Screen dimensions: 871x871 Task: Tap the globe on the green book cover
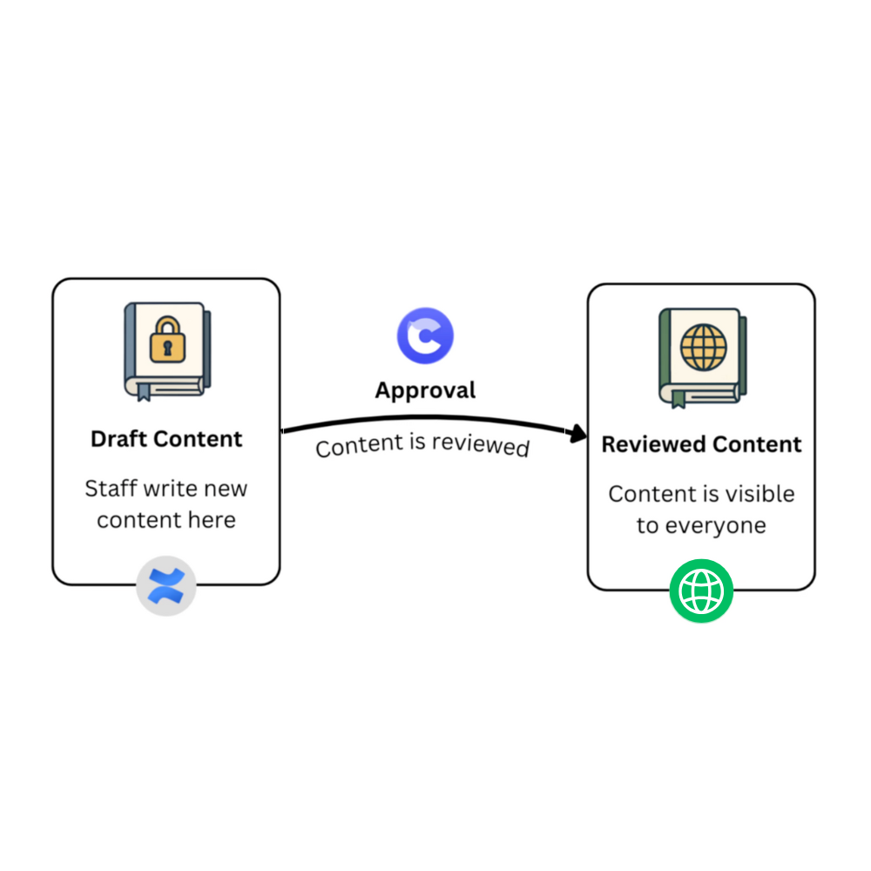coord(703,347)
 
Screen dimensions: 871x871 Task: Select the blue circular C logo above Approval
coord(425,335)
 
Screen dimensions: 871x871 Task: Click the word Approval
coord(425,389)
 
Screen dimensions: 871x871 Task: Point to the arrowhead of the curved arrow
coord(579,434)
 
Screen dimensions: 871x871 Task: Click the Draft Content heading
coord(166,438)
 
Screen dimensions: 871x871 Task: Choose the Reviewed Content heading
coord(701,444)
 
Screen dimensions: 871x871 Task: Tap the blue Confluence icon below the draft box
coord(166,586)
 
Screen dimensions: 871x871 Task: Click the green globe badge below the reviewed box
coord(701,591)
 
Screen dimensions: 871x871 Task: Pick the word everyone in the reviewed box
coord(725,526)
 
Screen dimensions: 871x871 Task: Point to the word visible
coord(759,494)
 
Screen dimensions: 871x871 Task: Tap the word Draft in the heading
coord(118,438)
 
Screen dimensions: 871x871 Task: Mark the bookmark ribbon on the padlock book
coord(142,390)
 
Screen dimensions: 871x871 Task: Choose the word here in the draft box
coord(214,520)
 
